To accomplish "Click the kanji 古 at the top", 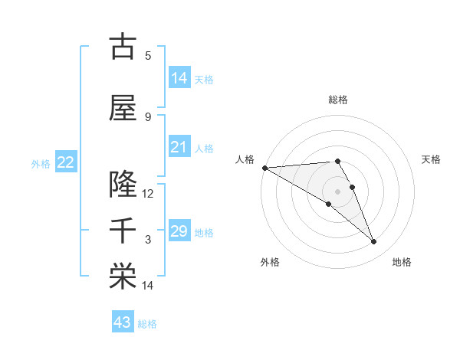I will click(123, 47).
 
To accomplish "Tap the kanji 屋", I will click(123, 109).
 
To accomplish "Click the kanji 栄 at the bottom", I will click(123, 277).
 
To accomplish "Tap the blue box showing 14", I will click(179, 78).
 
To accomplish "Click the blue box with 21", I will click(179, 147).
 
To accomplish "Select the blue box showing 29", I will click(179, 231).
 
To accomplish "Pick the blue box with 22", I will click(65, 162).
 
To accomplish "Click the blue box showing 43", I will click(123, 322).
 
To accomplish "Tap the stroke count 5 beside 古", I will click(148, 55).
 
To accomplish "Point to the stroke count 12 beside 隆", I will click(148, 193).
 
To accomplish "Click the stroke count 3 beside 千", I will click(148, 240).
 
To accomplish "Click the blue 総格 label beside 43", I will click(148, 324).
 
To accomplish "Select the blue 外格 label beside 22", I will click(41, 164).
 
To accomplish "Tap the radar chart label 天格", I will click(432, 159).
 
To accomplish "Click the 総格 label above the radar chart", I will click(338, 100).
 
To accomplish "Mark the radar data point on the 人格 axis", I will click(264, 168).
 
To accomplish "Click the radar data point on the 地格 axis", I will click(374, 242).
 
